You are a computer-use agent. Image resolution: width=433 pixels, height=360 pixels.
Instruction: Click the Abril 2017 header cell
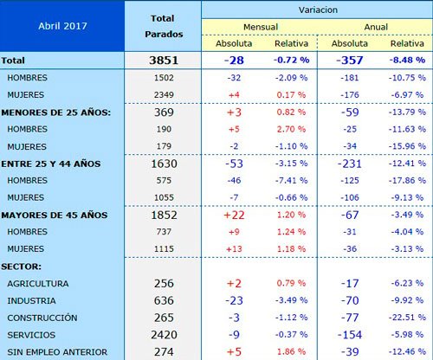click(x=62, y=26)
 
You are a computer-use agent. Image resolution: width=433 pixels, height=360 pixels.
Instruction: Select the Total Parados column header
click(x=164, y=26)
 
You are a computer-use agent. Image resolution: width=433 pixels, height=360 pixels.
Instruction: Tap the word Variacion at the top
click(x=318, y=10)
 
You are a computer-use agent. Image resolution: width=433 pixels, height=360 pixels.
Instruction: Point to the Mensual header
click(x=261, y=27)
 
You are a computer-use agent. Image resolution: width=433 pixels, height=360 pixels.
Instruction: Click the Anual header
click(x=376, y=27)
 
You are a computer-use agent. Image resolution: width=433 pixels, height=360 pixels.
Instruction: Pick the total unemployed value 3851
click(x=164, y=61)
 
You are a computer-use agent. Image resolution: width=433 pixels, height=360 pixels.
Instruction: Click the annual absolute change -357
click(x=350, y=61)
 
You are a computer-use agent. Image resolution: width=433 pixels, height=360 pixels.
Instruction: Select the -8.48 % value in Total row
click(x=407, y=60)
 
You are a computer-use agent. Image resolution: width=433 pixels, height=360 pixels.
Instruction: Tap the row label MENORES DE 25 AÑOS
click(x=56, y=112)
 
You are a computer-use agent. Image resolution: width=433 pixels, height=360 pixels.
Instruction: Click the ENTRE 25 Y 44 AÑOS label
click(x=51, y=164)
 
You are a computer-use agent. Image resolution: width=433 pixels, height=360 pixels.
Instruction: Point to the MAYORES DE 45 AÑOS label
click(x=55, y=215)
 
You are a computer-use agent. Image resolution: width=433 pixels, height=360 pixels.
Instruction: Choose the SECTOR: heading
click(x=21, y=267)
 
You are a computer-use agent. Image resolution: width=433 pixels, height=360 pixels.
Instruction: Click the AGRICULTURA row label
click(x=38, y=284)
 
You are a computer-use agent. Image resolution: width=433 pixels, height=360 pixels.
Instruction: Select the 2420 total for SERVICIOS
click(x=164, y=335)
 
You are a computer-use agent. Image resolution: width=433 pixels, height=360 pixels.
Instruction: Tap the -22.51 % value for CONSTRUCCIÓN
click(x=407, y=318)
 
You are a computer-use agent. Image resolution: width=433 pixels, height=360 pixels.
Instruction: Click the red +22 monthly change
click(x=234, y=215)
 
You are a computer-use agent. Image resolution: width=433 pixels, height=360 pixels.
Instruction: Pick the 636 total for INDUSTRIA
click(x=164, y=300)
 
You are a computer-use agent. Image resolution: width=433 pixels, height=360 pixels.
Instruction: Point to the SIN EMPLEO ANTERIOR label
click(x=57, y=352)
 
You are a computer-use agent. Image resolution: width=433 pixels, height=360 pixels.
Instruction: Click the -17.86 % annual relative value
click(x=407, y=181)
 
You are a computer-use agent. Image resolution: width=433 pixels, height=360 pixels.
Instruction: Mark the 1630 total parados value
click(x=164, y=164)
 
